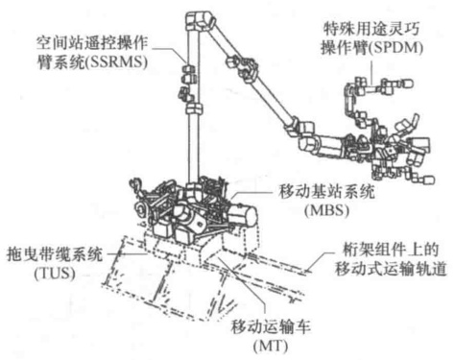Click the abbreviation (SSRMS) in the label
116,61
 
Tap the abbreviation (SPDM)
395,48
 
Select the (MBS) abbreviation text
327,210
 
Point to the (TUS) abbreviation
55,273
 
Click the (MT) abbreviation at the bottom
271,346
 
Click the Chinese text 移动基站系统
326,192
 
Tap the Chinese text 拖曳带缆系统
55,254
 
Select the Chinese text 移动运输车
271,327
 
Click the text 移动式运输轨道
391,268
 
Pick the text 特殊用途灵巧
371,29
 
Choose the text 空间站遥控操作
92,43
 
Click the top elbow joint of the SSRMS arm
200,20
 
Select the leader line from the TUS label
128,254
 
